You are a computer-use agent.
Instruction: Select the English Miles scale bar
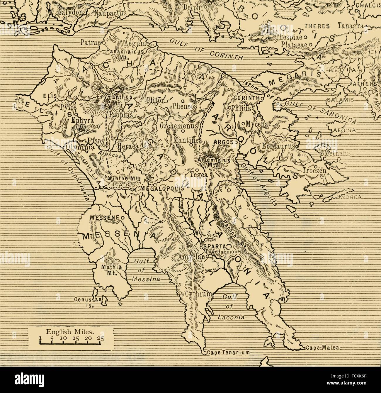click(x=71, y=340)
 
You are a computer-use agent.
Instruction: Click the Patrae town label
click(x=89, y=43)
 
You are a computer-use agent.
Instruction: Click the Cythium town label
click(x=198, y=294)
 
